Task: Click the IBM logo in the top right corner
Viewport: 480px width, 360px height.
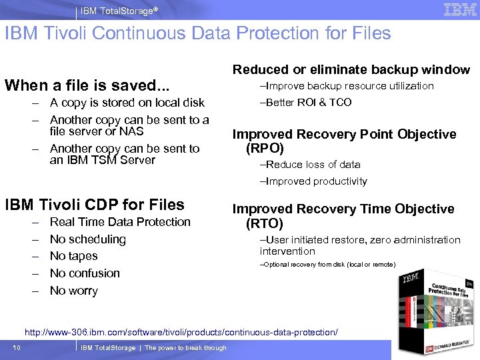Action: [x=459, y=9]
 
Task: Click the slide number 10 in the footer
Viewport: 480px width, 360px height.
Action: [x=16, y=347]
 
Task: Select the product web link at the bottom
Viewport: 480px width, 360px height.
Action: [x=181, y=332]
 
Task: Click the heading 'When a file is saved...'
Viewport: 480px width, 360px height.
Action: [x=87, y=85]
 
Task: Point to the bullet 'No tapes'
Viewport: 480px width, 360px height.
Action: [x=73, y=256]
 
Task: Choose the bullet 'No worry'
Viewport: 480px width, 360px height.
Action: [x=73, y=291]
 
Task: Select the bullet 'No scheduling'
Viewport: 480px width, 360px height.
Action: [x=87, y=239]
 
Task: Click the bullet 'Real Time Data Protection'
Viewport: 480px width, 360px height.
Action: [x=120, y=222]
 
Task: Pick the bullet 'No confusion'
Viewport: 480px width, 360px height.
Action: [x=85, y=273]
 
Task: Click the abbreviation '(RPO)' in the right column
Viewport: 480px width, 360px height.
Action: [x=265, y=149]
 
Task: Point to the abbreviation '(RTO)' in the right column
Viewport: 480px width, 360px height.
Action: [x=265, y=223]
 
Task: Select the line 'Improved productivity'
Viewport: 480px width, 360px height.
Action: [x=313, y=181]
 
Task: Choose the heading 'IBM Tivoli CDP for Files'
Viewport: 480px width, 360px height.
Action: [x=94, y=205]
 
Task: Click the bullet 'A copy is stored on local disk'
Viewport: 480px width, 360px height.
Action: [x=127, y=103]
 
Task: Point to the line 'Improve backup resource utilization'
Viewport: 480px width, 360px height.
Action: [x=347, y=86]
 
